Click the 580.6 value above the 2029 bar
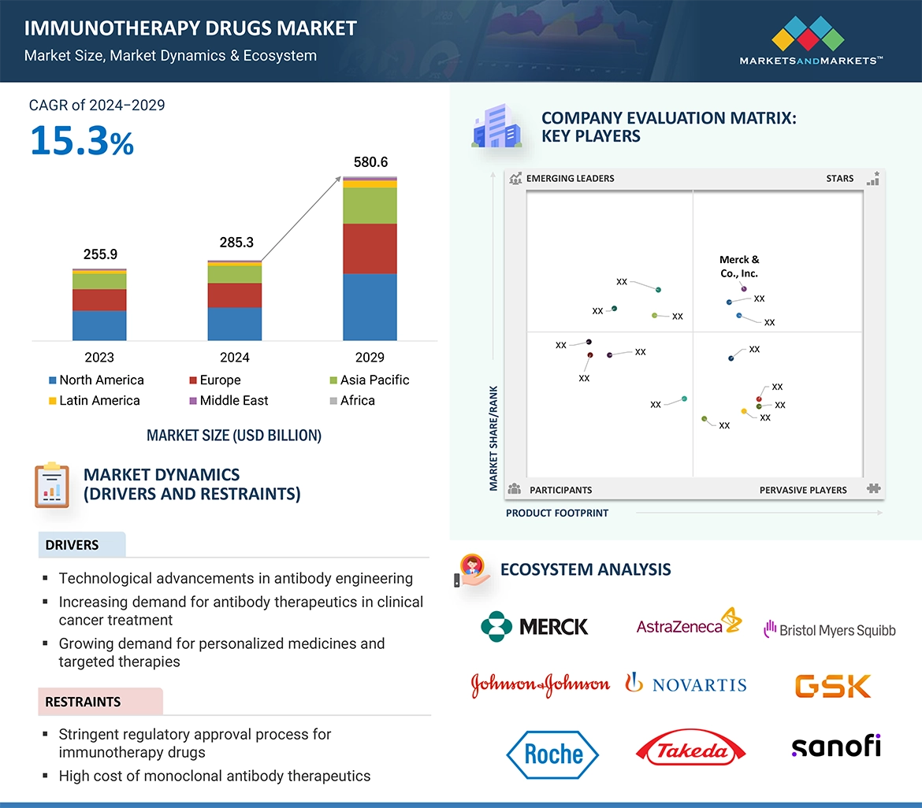pos(370,162)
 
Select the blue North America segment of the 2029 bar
pos(370,306)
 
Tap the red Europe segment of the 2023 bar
pos(99,299)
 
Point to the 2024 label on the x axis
pos(235,357)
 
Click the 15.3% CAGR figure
pos(82,139)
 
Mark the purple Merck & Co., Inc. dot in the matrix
pos(744,289)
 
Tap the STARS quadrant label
pos(840,179)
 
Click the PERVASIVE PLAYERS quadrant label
pos(803,490)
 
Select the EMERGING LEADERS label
pos(570,179)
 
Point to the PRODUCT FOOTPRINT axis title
pos(557,513)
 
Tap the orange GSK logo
pos(833,685)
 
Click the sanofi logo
pos(835,745)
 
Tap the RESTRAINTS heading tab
pos(84,702)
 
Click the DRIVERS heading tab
pos(72,545)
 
